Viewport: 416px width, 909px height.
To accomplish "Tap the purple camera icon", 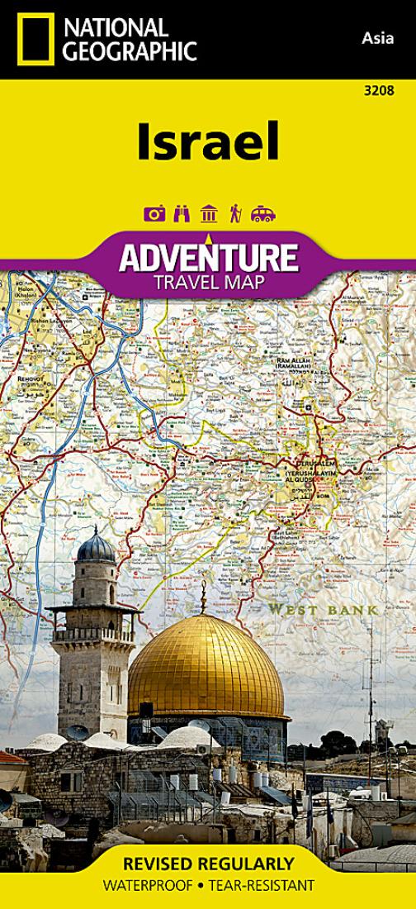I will click(154, 214).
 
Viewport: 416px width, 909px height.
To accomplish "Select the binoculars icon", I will click(182, 214).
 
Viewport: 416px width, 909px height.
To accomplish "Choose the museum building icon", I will click(209, 214).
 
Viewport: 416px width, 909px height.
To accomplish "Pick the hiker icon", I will click(235, 214).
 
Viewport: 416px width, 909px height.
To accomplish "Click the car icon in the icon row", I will click(262, 214).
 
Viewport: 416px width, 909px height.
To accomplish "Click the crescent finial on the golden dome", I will click(203, 588).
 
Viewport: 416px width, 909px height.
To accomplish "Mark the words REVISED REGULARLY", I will click(208, 864).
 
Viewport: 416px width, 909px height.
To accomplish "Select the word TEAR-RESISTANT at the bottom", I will click(267, 885).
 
